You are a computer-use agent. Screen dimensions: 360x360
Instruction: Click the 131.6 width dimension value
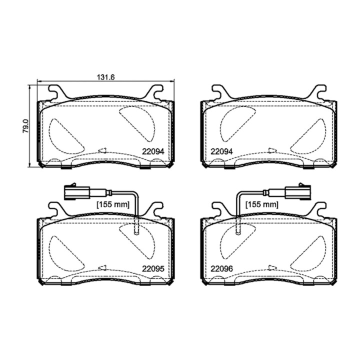(105, 77)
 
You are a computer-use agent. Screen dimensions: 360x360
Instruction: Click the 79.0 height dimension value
(25, 126)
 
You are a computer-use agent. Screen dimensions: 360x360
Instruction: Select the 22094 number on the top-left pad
(153, 151)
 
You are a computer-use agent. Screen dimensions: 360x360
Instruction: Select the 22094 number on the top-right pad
(221, 151)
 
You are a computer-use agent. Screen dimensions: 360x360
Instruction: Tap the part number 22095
(153, 268)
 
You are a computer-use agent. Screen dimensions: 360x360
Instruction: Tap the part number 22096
(221, 268)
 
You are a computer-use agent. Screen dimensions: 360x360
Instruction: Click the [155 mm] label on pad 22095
(113, 204)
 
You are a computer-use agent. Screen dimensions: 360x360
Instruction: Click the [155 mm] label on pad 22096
(262, 204)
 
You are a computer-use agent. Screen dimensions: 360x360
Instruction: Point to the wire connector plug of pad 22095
(77, 192)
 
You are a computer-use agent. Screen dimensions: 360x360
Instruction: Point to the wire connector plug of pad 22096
(298, 192)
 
